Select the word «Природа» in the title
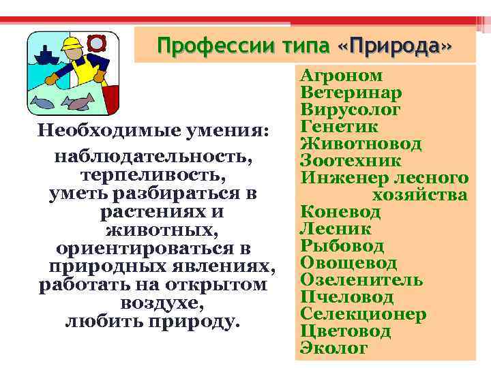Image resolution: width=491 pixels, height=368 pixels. [395, 46]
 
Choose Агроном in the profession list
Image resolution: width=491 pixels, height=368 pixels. [342, 76]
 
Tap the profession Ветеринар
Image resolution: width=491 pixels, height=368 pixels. [351, 93]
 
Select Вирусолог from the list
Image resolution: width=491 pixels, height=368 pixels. [351, 110]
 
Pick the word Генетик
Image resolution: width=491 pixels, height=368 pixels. [339, 127]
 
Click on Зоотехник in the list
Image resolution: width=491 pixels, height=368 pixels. [351, 161]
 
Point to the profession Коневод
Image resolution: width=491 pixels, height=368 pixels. [340, 212]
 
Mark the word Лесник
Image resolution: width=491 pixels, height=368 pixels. [336, 229]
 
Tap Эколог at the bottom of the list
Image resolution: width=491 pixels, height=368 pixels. [333, 348]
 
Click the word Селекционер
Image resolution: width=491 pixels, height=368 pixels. [363, 314]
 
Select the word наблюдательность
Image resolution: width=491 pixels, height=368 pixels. [153, 157]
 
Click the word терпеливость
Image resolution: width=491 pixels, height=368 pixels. [153, 175]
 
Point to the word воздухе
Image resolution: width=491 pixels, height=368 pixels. [153, 303]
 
